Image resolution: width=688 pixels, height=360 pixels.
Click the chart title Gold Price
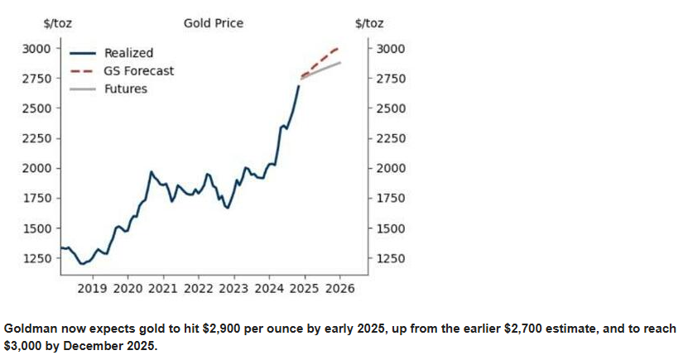click(214, 23)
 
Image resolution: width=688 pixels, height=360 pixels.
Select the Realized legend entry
click(112, 53)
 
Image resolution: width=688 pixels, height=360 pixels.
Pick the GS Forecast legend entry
click(122, 71)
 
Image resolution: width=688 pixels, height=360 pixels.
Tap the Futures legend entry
click(108, 89)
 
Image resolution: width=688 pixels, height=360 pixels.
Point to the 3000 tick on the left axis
click(37, 48)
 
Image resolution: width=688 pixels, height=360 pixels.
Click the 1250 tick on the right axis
click(391, 258)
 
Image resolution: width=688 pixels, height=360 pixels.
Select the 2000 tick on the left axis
click(37, 168)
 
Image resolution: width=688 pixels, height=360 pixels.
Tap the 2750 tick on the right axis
click(391, 79)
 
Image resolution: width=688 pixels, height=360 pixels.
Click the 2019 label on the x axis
click(92, 289)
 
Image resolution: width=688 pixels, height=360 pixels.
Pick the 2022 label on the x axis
click(199, 289)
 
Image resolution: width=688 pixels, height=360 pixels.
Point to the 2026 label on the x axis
click(340, 289)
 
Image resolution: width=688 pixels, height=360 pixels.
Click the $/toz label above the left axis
click(57, 23)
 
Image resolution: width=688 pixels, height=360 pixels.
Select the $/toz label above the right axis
click(369, 23)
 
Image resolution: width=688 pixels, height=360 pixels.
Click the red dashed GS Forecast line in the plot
click(320, 62)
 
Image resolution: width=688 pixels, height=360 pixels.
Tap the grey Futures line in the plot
click(320, 70)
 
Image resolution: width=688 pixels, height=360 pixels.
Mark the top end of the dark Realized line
click(299, 85)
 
